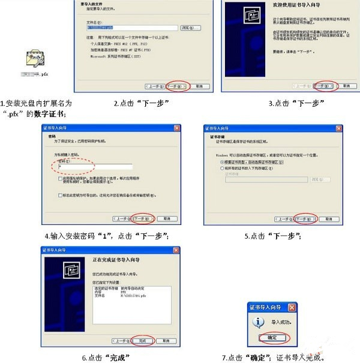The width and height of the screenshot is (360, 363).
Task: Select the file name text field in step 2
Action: pyautogui.click(x=132, y=28)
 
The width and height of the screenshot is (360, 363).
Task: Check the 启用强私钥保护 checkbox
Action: pyautogui.click(x=61, y=178)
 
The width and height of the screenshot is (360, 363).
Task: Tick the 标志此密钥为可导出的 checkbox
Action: pyautogui.click(x=61, y=195)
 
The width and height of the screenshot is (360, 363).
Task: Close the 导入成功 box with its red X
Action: pyautogui.click(x=292, y=307)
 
